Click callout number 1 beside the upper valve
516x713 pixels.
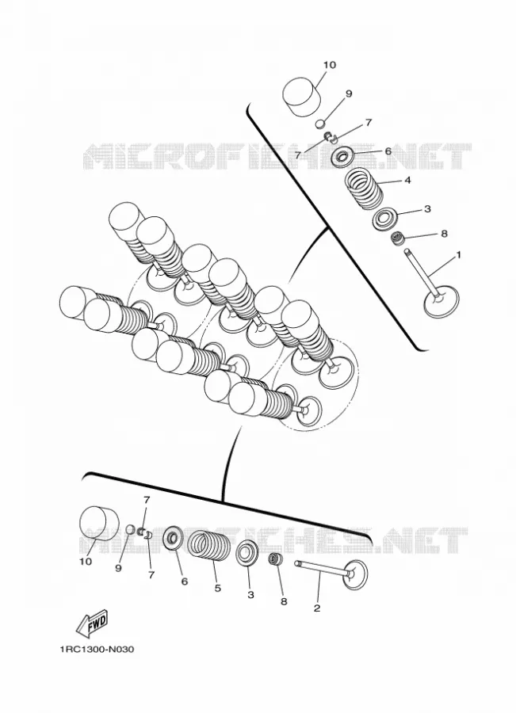point(458,255)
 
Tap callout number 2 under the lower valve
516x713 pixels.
point(317,608)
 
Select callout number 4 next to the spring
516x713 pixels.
point(407,181)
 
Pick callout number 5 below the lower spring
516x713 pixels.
point(217,588)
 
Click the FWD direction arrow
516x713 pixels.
point(91,622)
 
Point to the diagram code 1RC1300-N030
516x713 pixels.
point(97,649)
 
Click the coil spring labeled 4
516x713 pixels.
point(363,189)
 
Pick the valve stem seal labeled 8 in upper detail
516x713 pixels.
point(399,238)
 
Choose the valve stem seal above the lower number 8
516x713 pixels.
point(274,559)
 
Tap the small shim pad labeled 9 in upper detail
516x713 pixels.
point(321,124)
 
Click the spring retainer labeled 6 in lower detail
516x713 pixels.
point(174,539)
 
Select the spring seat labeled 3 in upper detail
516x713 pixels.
point(385,219)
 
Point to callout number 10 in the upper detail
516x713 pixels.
point(330,65)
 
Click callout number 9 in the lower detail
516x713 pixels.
point(118,568)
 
